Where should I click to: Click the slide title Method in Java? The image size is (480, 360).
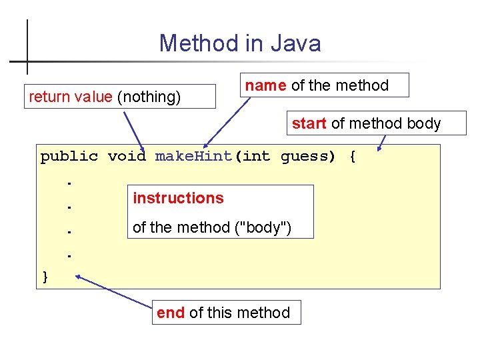click(x=240, y=43)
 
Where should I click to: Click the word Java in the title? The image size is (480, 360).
click(x=295, y=43)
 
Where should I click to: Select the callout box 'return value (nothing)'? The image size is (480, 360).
click(x=120, y=97)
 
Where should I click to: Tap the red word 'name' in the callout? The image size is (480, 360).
click(x=266, y=85)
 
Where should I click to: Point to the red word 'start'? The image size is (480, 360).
click(x=309, y=123)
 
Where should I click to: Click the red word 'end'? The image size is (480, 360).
click(x=171, y=313)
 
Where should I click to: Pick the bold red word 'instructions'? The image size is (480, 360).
click(x=178, y=198)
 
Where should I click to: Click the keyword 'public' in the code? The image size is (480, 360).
click(x=69, y=157)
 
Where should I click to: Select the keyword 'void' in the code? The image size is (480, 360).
click(x=127, y=157)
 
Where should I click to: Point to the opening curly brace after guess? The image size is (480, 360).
click(x=352, y=157)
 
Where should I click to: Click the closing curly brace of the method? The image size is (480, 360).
click(x=45, y=276)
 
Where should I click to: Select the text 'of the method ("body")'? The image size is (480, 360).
click(x=212, y=227)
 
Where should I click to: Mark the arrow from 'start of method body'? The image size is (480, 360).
click(x=382, y=142)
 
